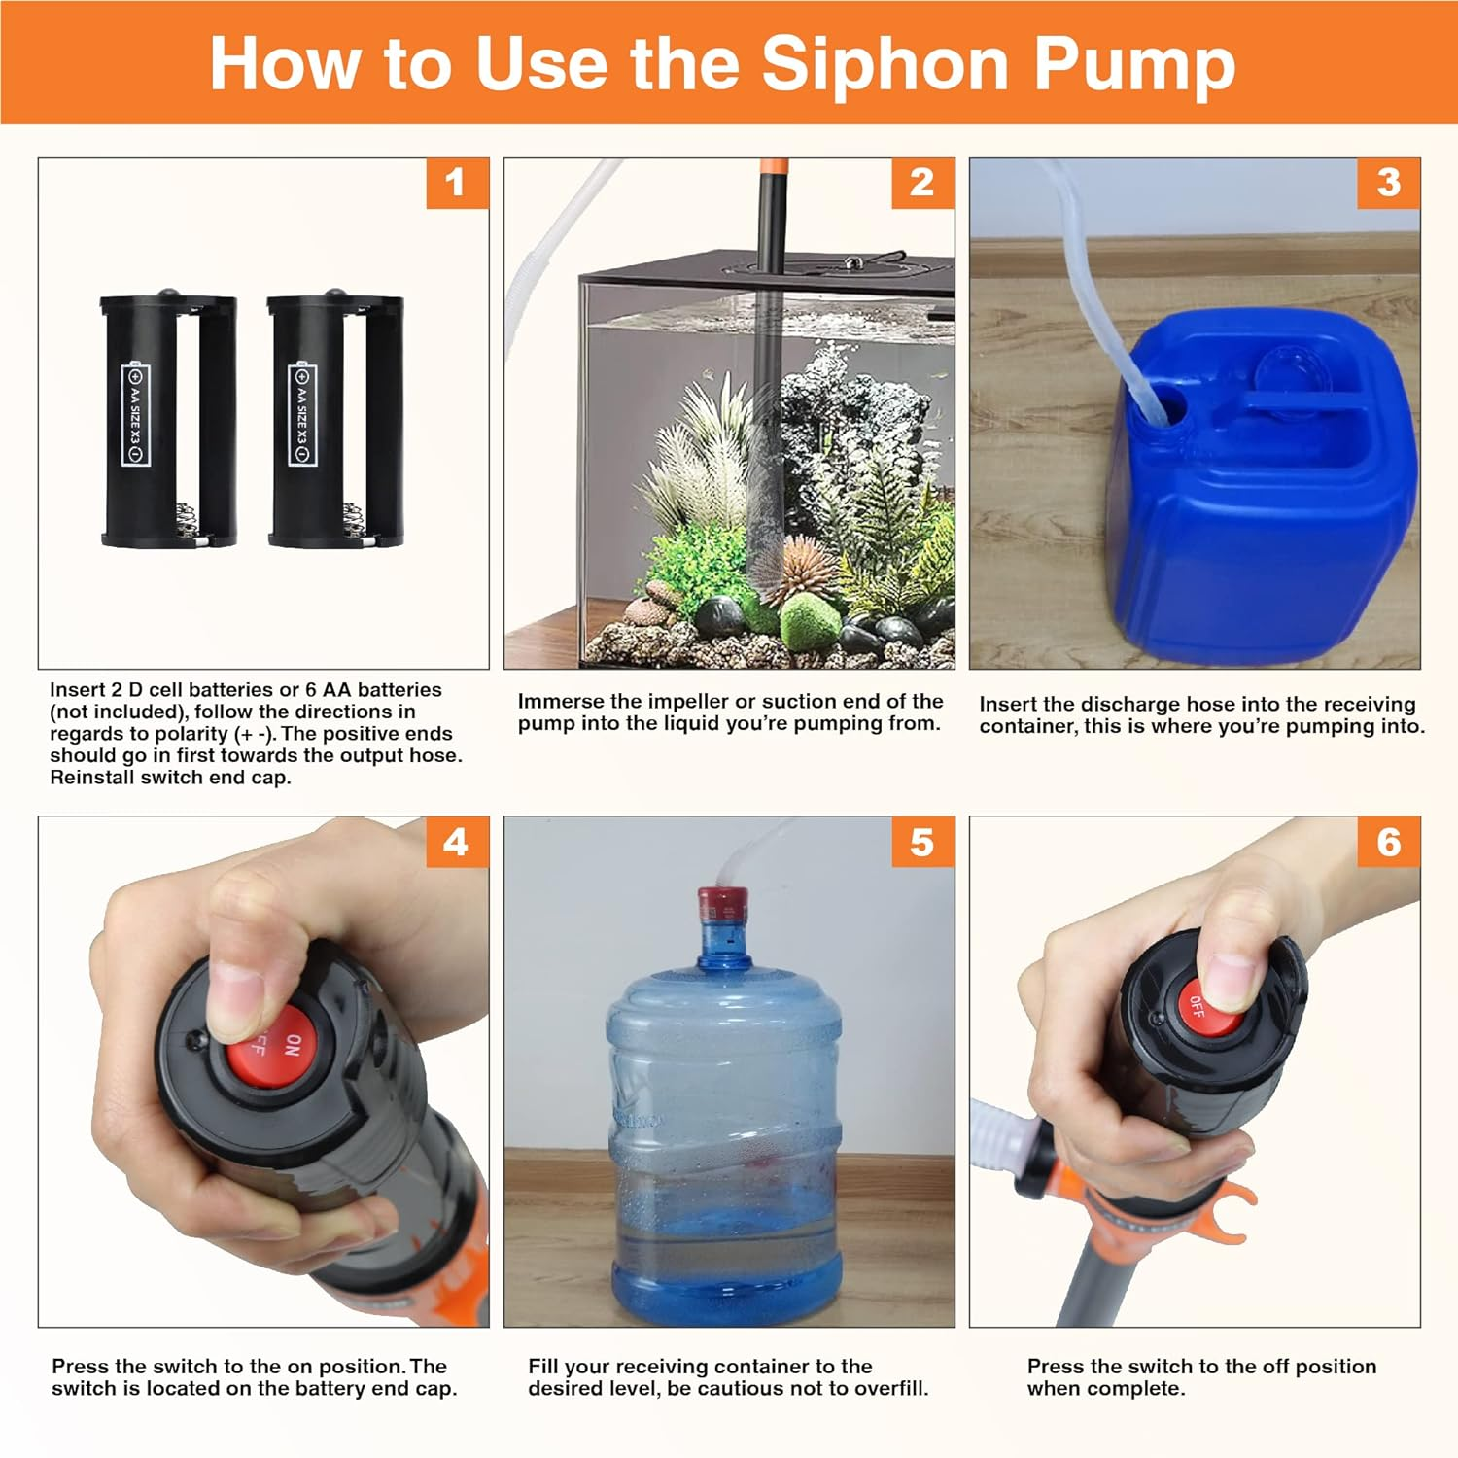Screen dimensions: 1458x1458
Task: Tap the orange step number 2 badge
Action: coord(922,183)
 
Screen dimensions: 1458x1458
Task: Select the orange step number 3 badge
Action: coord(1388,183)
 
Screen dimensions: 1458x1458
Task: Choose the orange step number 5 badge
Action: coord(922,842)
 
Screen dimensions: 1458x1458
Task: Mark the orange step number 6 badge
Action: coord(1388,842)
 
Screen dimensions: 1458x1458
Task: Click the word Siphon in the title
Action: coord(885,64)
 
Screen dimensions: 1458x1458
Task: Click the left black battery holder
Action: coord(168,421)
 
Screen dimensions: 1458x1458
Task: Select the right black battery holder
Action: coord(334,421)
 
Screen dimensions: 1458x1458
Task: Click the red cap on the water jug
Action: coord(721,905)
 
